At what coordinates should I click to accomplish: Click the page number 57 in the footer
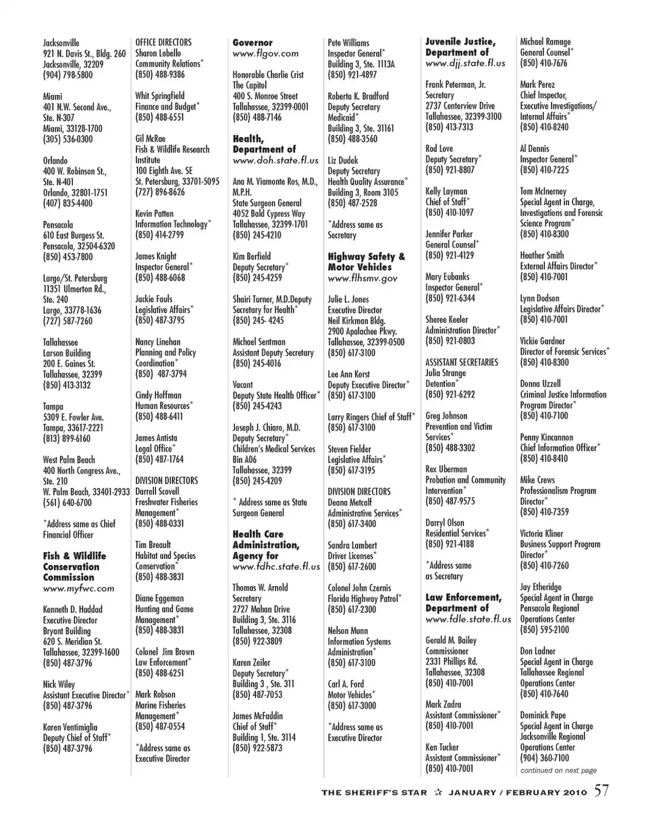601,791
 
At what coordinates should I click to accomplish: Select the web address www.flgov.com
265,53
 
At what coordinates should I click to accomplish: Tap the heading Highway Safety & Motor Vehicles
367,262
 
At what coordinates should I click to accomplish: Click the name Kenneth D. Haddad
73,610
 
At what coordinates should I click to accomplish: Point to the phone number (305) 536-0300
68,139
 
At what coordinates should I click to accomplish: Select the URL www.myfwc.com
78,589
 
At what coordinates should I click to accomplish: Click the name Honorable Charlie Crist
268,75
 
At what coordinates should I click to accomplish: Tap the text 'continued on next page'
558,770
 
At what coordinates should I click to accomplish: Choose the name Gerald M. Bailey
451,641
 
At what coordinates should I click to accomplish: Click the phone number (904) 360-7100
544,758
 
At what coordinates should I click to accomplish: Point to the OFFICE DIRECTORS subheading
163,43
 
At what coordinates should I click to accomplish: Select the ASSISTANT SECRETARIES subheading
462,362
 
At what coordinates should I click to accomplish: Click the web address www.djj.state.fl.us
465,63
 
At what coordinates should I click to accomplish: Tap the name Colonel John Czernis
359,588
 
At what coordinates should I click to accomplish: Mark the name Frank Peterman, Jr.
456,85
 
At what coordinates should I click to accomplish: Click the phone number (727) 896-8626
160,192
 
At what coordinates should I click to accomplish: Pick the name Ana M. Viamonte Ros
275,182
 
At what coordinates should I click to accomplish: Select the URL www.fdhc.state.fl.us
276,567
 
